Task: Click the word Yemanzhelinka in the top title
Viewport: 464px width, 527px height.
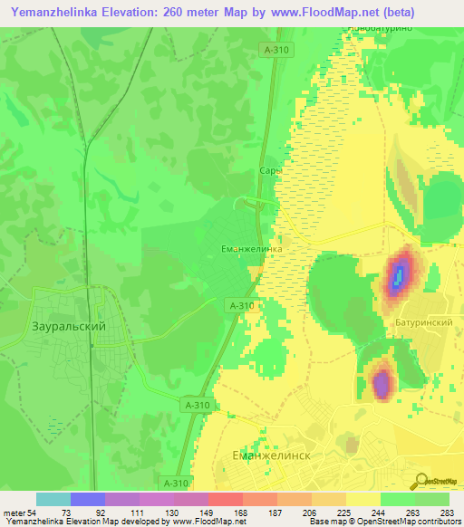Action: coord(57,14)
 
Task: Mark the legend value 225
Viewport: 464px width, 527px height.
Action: coord(345,513)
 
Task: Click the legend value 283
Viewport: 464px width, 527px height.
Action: coord(448,513)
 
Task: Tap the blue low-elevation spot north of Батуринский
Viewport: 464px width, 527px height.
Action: coord(397,275)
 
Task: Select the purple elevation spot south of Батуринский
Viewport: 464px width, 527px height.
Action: coord(382,383)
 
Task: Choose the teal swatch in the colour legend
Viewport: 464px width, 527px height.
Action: coord(53,499)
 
